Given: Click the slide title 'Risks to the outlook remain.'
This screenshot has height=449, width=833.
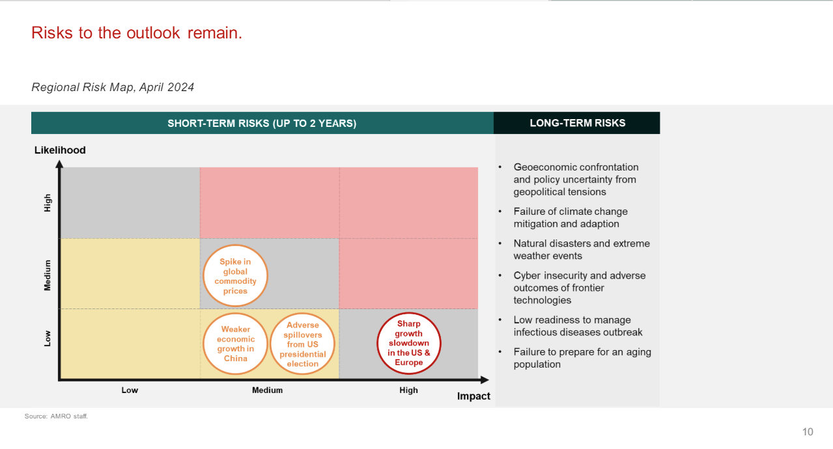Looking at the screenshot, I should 137,33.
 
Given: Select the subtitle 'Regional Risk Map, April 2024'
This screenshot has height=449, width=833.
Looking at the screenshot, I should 113,87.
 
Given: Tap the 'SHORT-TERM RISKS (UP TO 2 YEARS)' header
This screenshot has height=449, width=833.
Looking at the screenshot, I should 262,123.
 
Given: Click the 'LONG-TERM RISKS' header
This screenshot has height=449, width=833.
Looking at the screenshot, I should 577,123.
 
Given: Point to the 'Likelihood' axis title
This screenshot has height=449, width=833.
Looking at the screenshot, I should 60,150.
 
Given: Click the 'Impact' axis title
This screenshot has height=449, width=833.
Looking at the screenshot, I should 473,396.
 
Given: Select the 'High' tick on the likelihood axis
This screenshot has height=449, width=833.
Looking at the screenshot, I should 48,204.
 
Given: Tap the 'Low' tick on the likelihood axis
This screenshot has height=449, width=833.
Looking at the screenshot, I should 48,338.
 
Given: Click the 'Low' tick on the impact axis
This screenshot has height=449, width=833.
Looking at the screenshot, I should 130,390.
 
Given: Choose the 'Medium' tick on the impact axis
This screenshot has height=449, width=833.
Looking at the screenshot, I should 268,390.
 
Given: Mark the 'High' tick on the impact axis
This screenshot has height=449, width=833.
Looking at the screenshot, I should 409,390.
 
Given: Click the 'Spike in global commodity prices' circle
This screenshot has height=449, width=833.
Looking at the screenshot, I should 235,277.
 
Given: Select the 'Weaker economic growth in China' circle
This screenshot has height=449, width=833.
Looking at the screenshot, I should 235,344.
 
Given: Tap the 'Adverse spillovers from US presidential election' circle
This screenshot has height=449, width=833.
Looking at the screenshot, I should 303,344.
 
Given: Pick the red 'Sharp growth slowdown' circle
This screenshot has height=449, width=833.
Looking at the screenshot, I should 409,343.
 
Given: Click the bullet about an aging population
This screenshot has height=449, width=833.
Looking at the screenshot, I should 582,358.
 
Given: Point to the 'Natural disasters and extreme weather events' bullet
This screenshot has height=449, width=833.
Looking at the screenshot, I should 581,249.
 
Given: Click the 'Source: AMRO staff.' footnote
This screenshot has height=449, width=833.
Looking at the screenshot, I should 56,416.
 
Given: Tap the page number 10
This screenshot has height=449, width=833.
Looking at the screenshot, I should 808,432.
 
